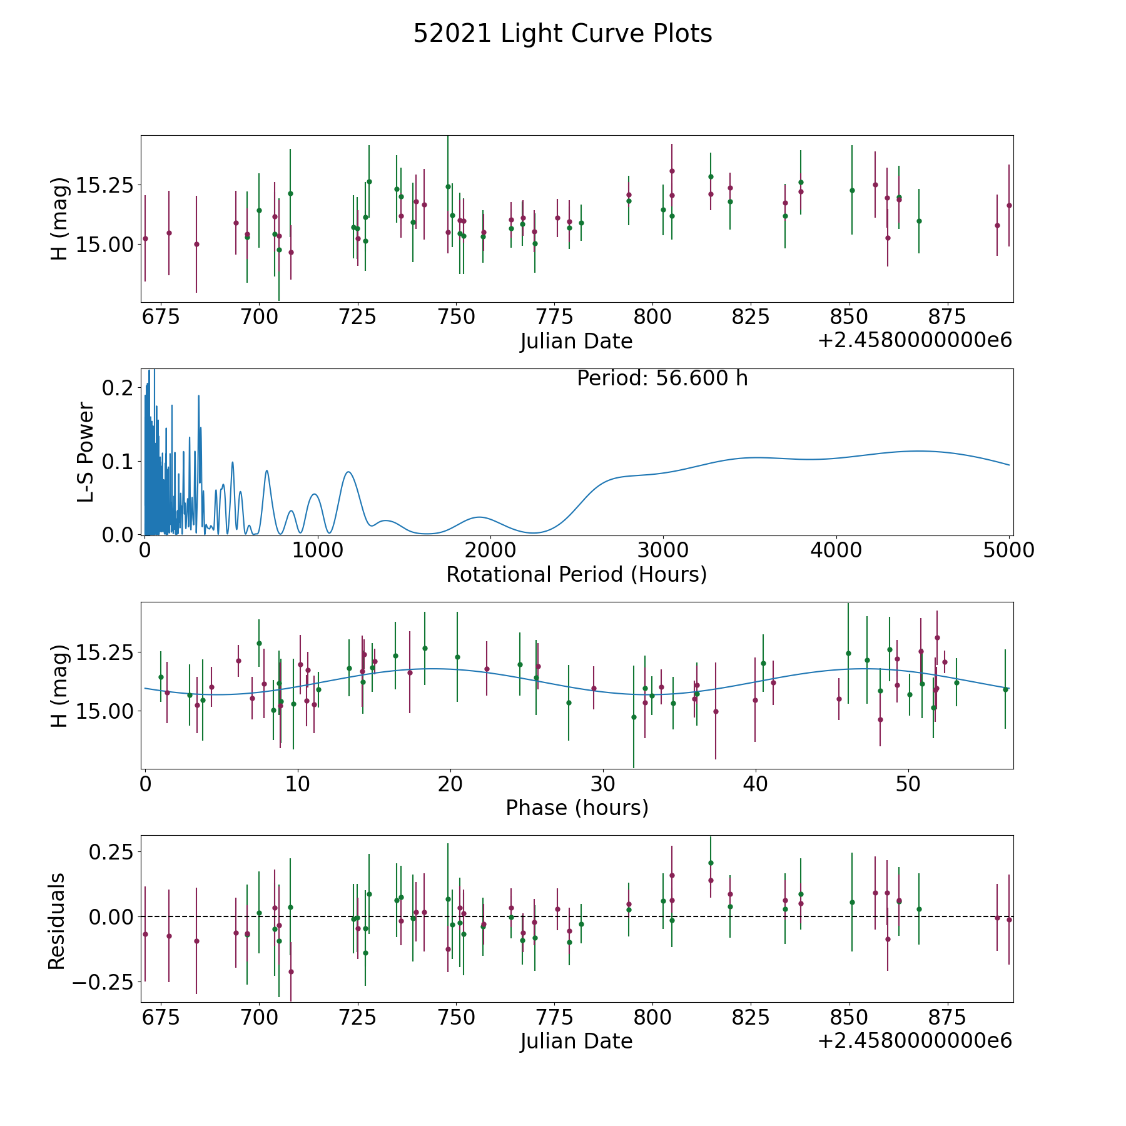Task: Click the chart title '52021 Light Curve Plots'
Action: point(562,34)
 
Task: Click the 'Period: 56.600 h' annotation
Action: point(662,378)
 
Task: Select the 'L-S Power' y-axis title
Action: point(86,452)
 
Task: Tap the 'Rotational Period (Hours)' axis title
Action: point(576,574)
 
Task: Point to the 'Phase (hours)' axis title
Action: point(576,808)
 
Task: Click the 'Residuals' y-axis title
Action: point(57,921)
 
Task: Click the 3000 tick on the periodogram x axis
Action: point(663,550)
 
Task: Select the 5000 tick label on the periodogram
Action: point(1008,550)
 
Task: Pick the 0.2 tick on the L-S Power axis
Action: point(118,388)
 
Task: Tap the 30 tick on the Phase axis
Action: point(603,783)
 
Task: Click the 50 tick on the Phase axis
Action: point(908,783)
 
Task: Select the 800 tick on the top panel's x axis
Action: point(652,317)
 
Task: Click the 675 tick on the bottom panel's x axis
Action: point(161,1017)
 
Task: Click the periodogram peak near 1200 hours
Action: point(348,472)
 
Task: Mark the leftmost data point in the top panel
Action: point(145,238)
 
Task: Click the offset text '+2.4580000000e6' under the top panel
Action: point(915,340)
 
